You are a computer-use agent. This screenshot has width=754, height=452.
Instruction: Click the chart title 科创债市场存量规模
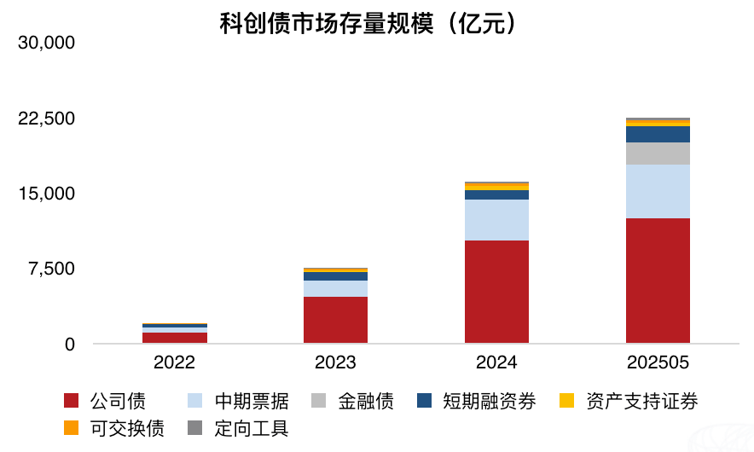coord(368,23)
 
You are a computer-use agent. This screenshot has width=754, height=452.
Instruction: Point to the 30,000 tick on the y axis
coord(48,43)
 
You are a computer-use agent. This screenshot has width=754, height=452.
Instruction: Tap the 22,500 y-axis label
coord(48,119)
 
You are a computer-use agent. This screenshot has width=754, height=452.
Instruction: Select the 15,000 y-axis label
coord(48,194)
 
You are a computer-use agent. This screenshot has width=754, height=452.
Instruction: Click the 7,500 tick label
coord(53,269)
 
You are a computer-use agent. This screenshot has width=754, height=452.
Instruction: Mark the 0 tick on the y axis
coord(70,345)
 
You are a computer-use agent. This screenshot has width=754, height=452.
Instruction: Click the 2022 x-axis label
coord(174,362)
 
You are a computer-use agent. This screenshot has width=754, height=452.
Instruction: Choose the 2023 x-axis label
coord(335,362)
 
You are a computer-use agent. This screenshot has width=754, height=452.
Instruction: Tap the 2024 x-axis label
coord(496,362)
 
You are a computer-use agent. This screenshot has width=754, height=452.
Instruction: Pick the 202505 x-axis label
coord(658,362)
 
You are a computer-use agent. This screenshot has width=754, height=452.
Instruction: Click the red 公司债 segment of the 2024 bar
coord(496,292)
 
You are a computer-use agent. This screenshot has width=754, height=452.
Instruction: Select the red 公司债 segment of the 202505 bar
coord(658,281)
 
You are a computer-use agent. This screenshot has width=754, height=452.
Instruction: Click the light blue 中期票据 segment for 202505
coord(658,191)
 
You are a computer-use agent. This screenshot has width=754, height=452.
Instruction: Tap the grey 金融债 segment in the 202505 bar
coord(658,154)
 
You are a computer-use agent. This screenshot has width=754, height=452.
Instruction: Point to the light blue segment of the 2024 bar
coord(496,220)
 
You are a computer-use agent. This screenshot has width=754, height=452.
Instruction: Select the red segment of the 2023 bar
coord(335,320)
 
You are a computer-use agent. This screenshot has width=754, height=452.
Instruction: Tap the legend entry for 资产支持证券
coord(628,401)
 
